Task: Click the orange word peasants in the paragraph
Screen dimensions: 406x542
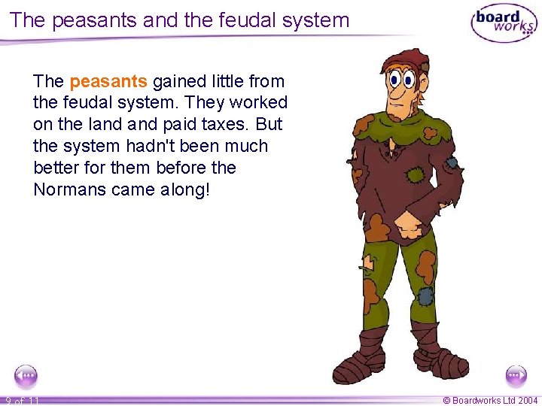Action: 108,80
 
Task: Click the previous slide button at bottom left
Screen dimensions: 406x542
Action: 26,374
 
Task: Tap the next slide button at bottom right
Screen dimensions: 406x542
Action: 516,374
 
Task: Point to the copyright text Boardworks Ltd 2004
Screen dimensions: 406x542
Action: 489,400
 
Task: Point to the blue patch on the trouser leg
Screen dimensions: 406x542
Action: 425,294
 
